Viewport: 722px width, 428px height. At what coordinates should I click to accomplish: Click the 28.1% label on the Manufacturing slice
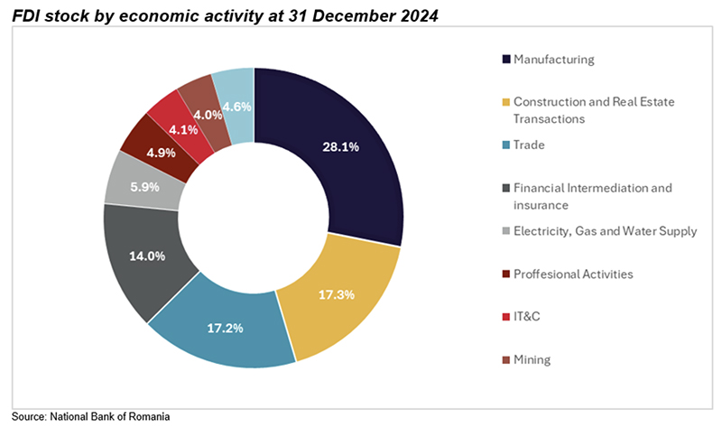click(339, 147)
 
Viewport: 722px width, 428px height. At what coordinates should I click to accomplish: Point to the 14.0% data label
click(146, 256)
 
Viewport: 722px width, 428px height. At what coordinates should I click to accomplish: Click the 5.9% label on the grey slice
click(146, 188)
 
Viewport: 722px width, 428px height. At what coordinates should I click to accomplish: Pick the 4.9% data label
click(161, 151)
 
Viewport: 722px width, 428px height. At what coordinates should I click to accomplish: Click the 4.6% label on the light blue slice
click(237, 106)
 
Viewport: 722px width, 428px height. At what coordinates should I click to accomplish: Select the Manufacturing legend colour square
click(506, 60)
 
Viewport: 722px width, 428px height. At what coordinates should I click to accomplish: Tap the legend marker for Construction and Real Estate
click(506, 102)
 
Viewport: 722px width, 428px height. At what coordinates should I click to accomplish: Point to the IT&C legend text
click(528, 317)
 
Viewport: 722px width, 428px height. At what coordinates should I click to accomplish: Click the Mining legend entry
click(532, 359)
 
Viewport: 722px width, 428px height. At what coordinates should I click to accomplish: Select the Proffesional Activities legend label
click(573, 274)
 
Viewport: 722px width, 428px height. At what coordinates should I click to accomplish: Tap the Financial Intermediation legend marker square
click(506, 189)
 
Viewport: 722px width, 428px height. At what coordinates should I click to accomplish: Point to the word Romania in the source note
click(148, 416)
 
